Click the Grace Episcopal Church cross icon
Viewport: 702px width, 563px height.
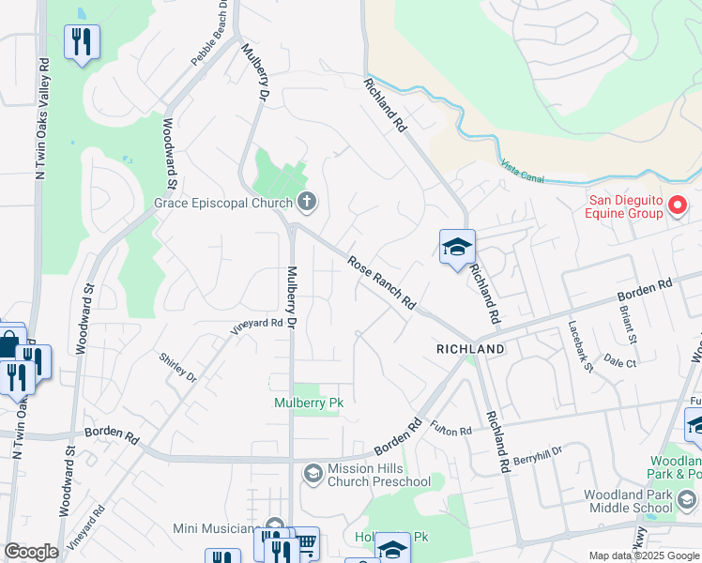[x=307, y=201]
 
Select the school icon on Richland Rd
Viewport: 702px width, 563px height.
[x=457, y=248]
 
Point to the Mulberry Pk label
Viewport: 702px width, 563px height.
[x=307, y=403]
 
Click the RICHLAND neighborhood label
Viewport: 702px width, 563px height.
[x=470, y=349]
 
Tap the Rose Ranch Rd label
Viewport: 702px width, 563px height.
[x=382, y=283]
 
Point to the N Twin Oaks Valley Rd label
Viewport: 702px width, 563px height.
[x=42, y=118]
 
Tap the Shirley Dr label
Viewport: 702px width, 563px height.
[x=177, y=368]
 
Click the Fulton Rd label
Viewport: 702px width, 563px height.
[x=450, y=430]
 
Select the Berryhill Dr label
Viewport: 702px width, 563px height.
[x=537, y=450]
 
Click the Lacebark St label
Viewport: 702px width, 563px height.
[x=580, y=346]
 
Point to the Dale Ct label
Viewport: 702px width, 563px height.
[x=620, y=360]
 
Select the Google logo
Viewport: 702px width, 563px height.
[x=31, y=552]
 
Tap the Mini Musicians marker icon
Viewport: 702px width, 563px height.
[x=275, y=526]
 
